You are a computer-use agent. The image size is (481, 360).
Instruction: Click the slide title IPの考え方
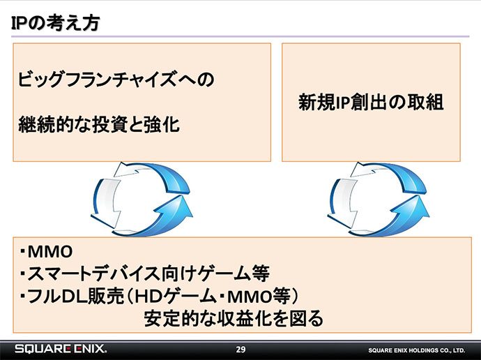(56, 23)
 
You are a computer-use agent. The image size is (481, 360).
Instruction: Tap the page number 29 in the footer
(240, 350)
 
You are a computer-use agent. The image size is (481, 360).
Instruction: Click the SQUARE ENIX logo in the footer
(61, 349)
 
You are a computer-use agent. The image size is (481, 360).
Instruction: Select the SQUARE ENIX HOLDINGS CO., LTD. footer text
(417, 350)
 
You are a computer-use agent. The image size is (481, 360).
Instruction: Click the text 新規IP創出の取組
(371, 102)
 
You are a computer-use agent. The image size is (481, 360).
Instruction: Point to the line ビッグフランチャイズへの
(116, 79)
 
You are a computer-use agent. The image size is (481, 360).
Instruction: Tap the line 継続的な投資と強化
(99, 125)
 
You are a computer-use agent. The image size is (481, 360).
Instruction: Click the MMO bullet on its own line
(46, 252)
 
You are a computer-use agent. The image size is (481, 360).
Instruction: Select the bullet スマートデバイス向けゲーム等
(144, 273)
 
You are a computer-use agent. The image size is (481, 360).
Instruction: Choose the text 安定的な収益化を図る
(234, 319)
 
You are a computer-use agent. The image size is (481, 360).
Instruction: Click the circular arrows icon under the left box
(142, 199)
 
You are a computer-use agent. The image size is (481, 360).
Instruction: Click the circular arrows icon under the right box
(379, 199)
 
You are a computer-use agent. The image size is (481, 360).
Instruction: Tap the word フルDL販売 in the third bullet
(75, 297)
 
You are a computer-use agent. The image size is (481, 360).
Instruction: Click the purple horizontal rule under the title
(240, 36)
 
